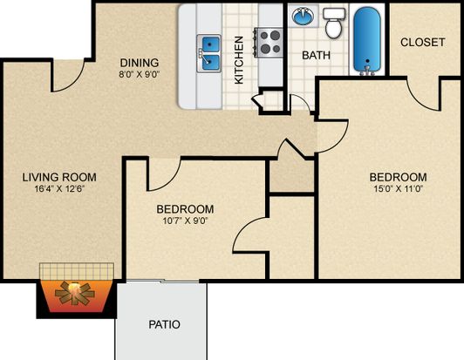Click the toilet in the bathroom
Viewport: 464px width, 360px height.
click(x=334, y=23)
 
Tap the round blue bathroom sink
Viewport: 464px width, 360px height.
click(x=303, y=16)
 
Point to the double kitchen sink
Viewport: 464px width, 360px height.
click(x=209, y=53)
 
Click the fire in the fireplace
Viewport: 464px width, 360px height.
click(x=75, y=293)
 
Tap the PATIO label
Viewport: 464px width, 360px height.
click(x=164, y=324)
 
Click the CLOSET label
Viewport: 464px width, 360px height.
click(x=422, y=43)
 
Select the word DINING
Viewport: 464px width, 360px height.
click(x=140, y=63)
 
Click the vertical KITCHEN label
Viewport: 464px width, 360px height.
click(x=239, y=60)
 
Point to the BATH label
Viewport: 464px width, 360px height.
click(x=316, y=55)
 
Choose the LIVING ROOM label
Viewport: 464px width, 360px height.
click(x=59, y=177)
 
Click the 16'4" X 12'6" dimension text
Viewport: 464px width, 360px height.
click(x=60, y=189)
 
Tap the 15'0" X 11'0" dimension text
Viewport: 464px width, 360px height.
click(x=398, y=189)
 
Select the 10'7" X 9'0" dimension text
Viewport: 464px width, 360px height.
click(x=185, y=221)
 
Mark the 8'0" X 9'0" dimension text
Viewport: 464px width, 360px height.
click(x=140, y=74)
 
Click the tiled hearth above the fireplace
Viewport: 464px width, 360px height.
click(x=77, y=271)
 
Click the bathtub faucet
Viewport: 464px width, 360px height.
click(x=367, y=71)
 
